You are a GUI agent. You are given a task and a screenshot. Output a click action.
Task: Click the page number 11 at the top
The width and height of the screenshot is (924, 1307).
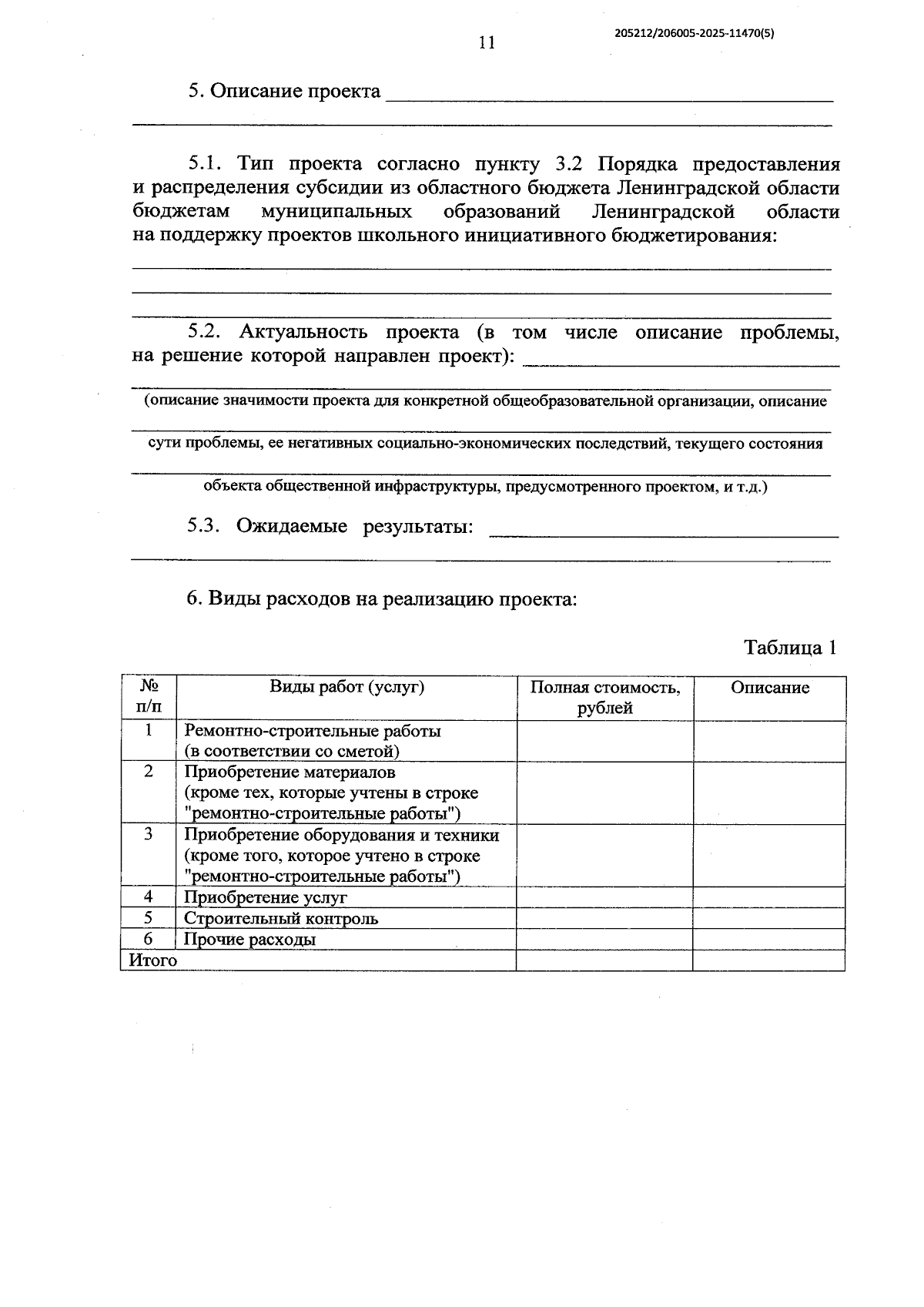pos(487,42)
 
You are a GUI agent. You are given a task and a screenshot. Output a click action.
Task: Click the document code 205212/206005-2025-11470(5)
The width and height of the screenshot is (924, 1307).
pos(695,33)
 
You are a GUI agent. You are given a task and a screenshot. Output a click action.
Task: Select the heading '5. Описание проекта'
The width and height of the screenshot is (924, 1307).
pos(285,92)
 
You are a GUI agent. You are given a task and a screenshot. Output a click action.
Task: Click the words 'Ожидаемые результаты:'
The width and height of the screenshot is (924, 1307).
pos(354,527)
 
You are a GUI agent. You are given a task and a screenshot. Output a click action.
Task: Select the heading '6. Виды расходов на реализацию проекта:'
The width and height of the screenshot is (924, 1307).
pos(382,599)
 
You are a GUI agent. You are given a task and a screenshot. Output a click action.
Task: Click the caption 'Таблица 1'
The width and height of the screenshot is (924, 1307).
pos(790,648)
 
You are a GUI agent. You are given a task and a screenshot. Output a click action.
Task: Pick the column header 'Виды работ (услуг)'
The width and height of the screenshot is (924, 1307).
pos(346,687)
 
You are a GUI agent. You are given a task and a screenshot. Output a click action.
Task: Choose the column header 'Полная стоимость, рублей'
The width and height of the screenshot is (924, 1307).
pos(604,697)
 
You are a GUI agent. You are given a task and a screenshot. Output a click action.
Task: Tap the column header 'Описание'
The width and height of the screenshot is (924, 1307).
pos(770,688)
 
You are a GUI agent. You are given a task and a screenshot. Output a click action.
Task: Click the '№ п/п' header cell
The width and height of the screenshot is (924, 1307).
pos(149,697)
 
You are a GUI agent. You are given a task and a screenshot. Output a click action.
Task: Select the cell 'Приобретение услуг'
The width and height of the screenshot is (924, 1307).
pos(266,897)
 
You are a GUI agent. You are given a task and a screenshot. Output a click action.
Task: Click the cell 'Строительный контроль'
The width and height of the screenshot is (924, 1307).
pos(281,918)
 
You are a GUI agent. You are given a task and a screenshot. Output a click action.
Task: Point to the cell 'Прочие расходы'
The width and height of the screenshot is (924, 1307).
pos(250,940)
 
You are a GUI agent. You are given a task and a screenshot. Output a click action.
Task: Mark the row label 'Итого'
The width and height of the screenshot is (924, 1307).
pos(152,960)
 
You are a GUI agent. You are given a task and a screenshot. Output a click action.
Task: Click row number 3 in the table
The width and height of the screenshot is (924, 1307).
pos(149,835)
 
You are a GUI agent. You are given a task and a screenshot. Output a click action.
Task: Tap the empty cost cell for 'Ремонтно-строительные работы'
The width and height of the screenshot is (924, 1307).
pos(604,741)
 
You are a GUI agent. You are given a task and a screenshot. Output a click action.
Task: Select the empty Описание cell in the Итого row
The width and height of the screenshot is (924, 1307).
pos(768,960)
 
